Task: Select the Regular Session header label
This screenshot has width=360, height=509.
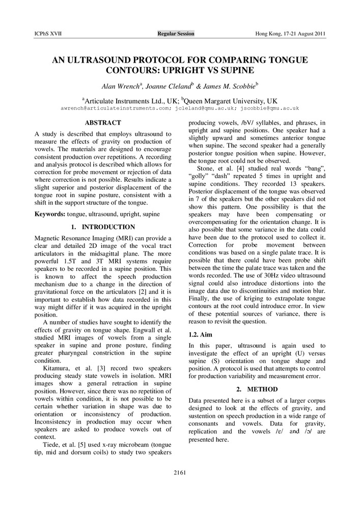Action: click(x=176, y=34)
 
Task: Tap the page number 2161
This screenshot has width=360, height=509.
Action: click(x=180, y=473)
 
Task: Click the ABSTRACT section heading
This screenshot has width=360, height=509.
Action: click(x=103, y=123)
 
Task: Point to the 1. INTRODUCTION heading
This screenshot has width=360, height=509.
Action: click(x=102, y=227)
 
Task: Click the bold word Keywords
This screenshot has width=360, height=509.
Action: click(x=49, y=213)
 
